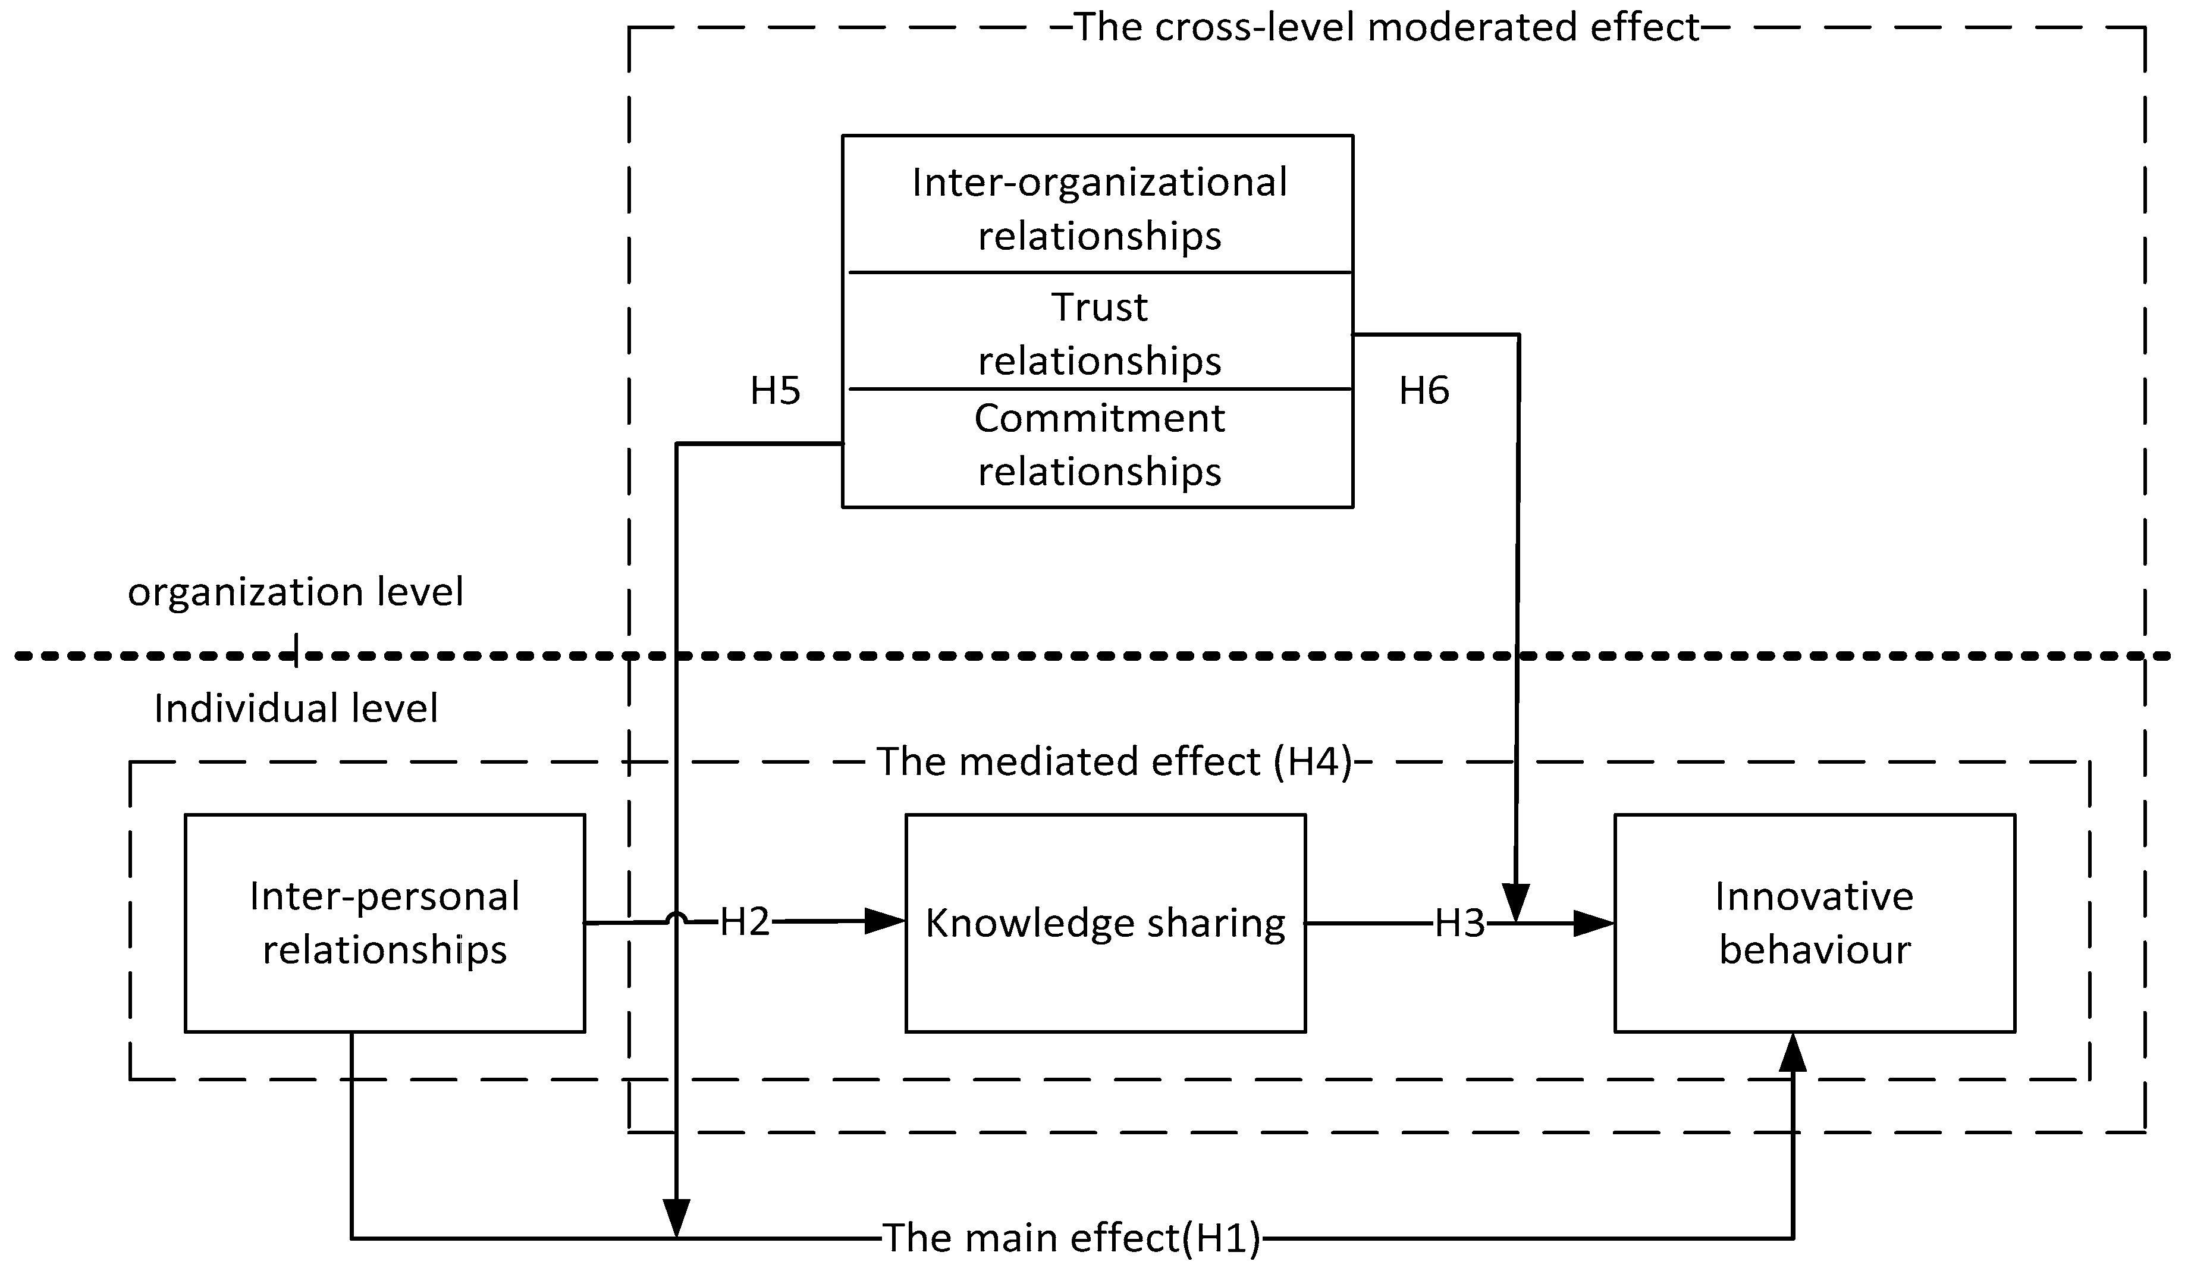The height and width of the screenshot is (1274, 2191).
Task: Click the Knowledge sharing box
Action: point(1105,924)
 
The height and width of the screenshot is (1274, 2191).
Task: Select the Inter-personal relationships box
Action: point(384,924)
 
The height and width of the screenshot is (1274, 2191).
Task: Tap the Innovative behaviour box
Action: point(1815,924)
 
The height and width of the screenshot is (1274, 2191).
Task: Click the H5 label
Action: point(775,391)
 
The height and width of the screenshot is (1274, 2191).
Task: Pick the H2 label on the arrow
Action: point(744,922)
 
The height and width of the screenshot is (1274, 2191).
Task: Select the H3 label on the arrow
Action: point(1459,924)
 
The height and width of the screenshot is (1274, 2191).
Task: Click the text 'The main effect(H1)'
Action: point(1071,1238)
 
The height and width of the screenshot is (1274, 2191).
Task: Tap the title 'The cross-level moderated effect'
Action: point(1387,27)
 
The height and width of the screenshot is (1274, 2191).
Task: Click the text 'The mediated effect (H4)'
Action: point(1115,762)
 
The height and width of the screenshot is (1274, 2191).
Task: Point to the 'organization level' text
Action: point(296,592)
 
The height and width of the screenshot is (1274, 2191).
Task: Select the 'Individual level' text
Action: point(296,709)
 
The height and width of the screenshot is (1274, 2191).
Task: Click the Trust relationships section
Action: point(1099,333)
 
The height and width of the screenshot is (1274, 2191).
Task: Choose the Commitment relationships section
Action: point(1099,445)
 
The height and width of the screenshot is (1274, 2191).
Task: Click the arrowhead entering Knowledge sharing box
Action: point(885,922)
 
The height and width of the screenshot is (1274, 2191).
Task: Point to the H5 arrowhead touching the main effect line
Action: point(676,1217)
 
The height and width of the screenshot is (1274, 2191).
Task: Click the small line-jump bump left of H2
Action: point(676,918)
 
